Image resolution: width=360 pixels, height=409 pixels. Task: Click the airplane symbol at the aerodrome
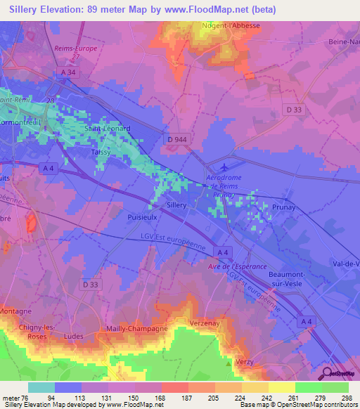pos(224,167)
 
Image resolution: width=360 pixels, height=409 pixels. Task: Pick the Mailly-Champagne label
pos(136,328)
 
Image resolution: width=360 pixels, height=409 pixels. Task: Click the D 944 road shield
pos(179,141)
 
